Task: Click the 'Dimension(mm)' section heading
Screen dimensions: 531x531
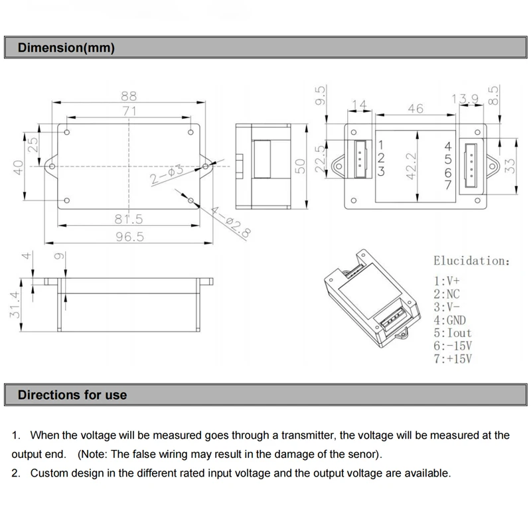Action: [66, 48]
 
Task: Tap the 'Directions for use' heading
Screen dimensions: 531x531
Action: [72, 395]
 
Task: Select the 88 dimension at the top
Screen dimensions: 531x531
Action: [129, 96]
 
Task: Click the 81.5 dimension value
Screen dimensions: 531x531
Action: [129, 218]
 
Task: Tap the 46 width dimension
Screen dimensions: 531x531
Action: [416, 108]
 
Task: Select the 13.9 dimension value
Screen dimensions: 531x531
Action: [466, 99]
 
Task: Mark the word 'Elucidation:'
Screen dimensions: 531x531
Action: [472, 261]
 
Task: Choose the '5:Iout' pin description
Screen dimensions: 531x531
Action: [453, 333]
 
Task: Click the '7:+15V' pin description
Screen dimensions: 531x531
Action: [453, 360]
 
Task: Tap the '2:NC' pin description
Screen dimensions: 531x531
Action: [447, 293]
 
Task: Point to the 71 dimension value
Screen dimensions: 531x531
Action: [129, 111]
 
